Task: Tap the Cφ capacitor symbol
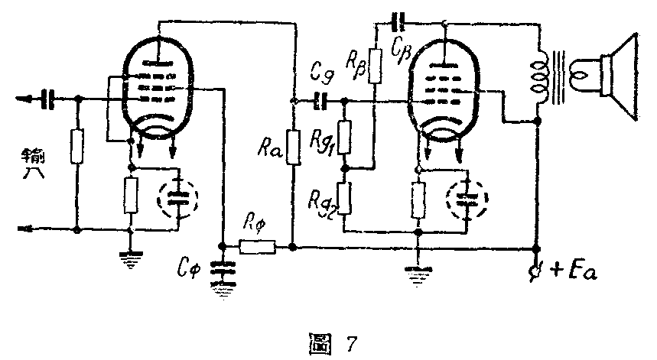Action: [x=223, y=268]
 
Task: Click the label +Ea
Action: [x=566, y=271]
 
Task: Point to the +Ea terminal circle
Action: [x=537, y=271]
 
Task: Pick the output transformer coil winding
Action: [x=540, y=76]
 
